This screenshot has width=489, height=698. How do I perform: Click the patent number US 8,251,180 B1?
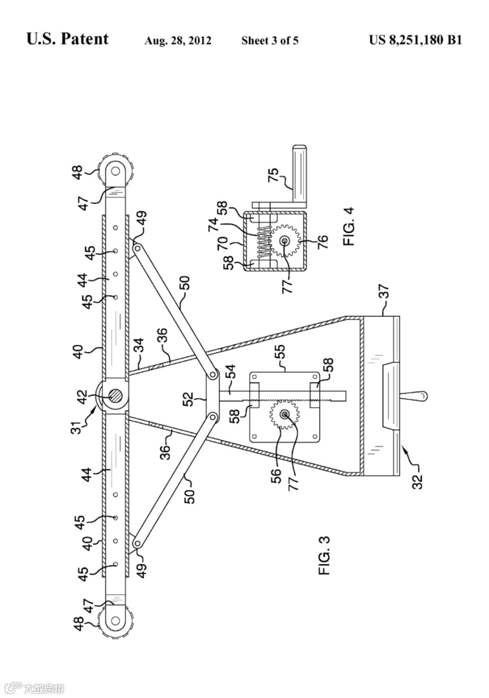pyautogui.click(x=416, y=40)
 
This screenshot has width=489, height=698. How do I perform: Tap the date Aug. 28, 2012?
pyautogui.click(x=177, y=41)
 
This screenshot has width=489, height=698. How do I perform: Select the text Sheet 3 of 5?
pyautogui.click(x=270, y=41)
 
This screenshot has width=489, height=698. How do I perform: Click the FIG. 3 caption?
pyautogui.click(x=325, y=555)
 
